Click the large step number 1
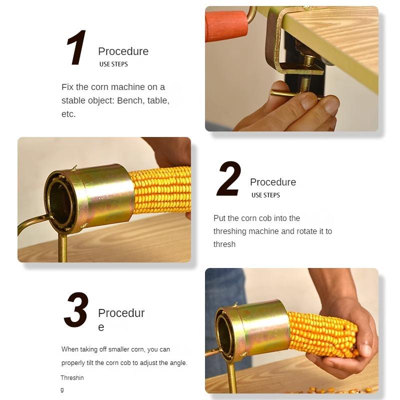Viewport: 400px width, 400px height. click(76, 47)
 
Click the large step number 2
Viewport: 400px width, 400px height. click(228, 178)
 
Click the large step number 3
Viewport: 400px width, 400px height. click(76, 309)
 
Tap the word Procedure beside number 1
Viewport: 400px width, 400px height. click(123, 51)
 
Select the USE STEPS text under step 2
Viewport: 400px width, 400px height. click(265, 195)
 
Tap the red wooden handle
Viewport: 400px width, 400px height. click(226, 26)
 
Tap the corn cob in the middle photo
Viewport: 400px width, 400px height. click(160, 190)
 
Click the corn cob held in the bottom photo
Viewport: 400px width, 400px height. click(322, 334)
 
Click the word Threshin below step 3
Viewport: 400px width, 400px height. click(72, 378)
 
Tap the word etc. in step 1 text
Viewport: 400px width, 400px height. click(68, 114)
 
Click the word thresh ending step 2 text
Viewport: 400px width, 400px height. click(224, 244)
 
